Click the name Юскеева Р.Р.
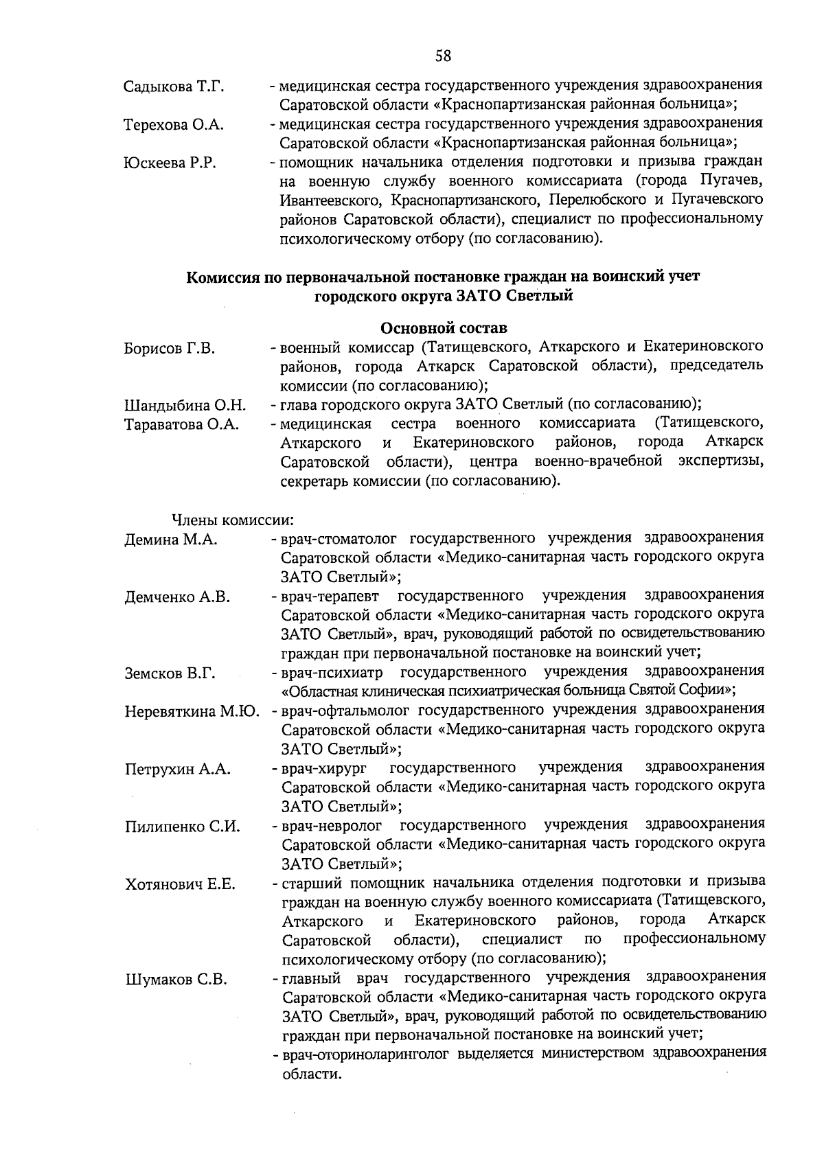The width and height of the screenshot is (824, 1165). pos(170,163)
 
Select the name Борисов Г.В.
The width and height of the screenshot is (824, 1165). pos(169,349)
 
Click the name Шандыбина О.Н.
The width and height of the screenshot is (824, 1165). pos(185,406)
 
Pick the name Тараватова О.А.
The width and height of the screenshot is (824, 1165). pos(181,424)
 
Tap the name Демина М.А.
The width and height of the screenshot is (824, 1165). pos(170,540)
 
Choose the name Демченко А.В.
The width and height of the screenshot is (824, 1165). pos(177,597)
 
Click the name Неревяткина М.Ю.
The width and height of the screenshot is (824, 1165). pos(192,712)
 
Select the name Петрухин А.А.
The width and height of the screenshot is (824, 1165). pos(177,770)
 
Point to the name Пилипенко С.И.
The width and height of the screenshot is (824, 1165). pos(182,827)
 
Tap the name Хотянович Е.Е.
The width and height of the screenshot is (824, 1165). pos(180,884)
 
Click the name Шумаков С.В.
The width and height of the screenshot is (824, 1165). pos(176,980)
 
